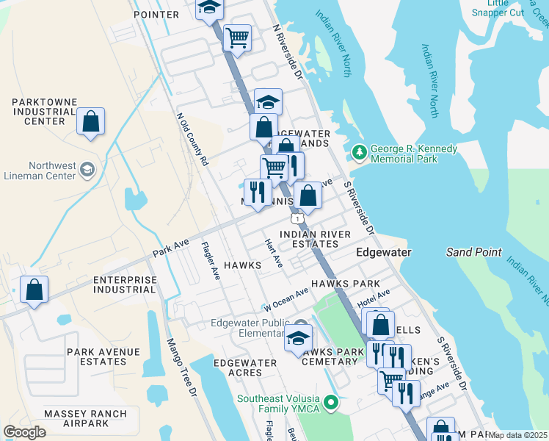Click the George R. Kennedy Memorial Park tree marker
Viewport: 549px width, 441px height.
pyautogui.click(x=360, y=153)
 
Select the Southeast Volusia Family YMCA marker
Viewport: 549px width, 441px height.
pyautogui.click(x=331, y=403)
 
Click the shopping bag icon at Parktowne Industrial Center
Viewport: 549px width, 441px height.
pyautogui.click(x=90, y=122)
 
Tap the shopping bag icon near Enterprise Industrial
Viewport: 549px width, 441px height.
pyautogui.click(x=34, y=290)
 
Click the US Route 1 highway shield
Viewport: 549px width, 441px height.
pyautogui.click(x=297, y=218)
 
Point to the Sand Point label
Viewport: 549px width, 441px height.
pyautogui.click(x=473, y=252)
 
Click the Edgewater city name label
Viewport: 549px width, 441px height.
pyautogui.click(x=382, y=252)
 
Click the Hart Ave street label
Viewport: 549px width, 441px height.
pyautogui.click(x=274, y=252)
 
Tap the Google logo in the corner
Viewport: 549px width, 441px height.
pyautogui.click(x=25, y=432)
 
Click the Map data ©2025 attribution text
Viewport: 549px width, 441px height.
pyautogui.click(x=518, y=435)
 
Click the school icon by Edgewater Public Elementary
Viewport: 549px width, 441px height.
pyautogui.click(x=298, y=338)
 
